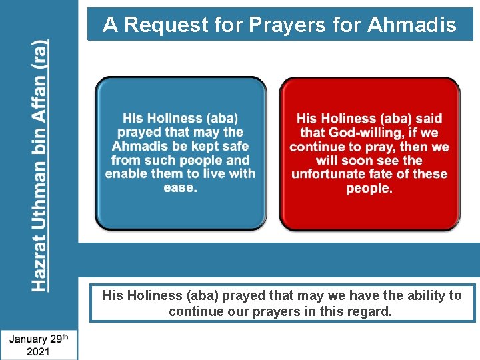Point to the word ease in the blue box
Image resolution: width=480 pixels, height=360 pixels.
180,187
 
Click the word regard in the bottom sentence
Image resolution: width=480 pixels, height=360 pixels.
368,311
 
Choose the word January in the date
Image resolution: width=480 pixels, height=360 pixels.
29,338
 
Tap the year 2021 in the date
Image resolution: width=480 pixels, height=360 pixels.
37,351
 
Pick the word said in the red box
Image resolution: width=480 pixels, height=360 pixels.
429,119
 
